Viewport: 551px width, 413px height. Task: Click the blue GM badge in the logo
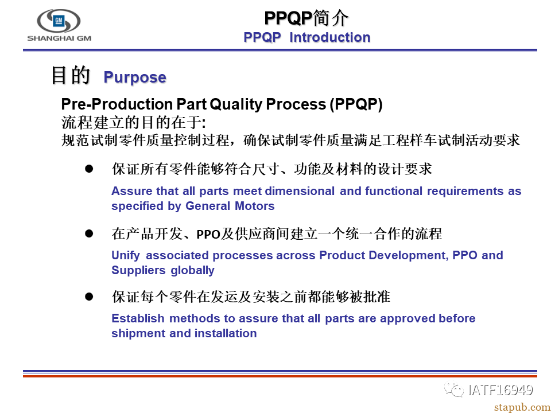(x=59, y=21)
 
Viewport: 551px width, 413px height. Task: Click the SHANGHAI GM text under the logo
(x=59, y=38)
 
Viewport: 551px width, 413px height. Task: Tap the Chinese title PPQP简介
(x=306, y=18)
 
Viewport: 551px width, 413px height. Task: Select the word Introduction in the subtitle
(x=330, y=37)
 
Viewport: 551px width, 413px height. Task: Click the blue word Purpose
(x=135, y=77)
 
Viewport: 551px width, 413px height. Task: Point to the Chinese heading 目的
(x=71, y=75)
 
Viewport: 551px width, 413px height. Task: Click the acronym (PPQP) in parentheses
(x=356, y=104)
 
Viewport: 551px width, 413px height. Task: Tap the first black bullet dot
(x=89, y=169)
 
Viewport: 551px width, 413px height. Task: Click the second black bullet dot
(x=89, y=233)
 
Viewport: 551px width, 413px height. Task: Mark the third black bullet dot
(x=89, y=297)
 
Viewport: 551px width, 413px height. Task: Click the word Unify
(x=126, y=255)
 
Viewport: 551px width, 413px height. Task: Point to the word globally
(x=193, y=270)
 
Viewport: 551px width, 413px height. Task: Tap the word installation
(x=226, y=333)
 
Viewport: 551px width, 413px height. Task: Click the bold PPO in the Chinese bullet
(x=208, y=234)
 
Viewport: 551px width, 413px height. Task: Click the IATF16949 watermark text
(x=500, y=390)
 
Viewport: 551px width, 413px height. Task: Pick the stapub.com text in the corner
(x=522, y=407)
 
